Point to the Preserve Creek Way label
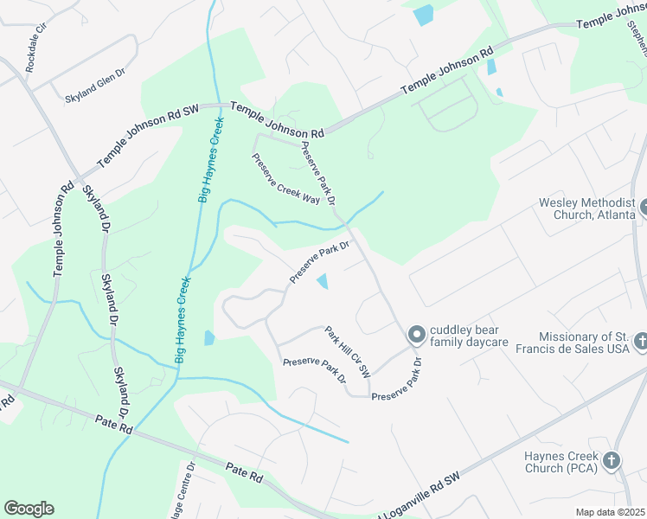[286, 178]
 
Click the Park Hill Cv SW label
[348, 351]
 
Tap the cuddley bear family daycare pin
[416, 333]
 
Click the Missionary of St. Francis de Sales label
[580, 343]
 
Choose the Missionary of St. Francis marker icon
[639, 341]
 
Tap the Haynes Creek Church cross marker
[612, 461]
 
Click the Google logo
[29, 509]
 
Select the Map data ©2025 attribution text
[610, 512]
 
